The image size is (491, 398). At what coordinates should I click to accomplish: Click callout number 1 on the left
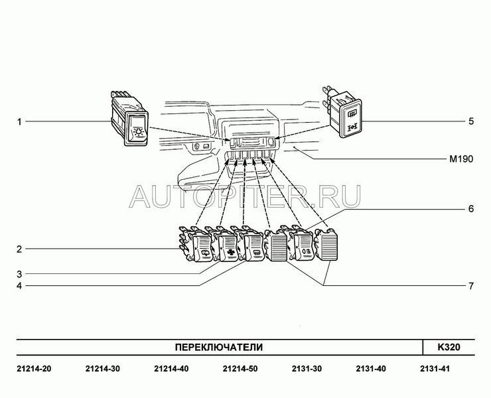[19, 121]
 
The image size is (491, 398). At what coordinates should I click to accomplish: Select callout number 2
[19, 249]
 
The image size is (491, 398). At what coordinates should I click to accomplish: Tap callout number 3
[19, 274]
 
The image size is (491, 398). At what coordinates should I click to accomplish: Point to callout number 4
[19, 286]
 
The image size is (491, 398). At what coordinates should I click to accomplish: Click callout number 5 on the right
[471, 121]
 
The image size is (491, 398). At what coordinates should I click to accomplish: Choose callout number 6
[471, 208]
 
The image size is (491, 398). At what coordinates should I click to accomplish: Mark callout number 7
[471, 286]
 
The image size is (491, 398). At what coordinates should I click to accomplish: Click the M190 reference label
[461, 159]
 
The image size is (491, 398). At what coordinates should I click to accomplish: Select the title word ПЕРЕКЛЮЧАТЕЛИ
[218, 348]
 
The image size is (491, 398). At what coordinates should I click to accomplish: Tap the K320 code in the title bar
[449, 348]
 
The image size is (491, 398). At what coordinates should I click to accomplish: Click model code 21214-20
[34, 369]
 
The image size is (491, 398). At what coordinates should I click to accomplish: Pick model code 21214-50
[240, 369]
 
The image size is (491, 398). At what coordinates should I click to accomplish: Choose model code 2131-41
[435, 369]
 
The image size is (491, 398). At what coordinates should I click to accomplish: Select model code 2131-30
[307, 369]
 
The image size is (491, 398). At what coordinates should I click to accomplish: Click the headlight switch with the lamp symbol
[129, 119]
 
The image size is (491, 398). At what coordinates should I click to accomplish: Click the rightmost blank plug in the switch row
[326, 245]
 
